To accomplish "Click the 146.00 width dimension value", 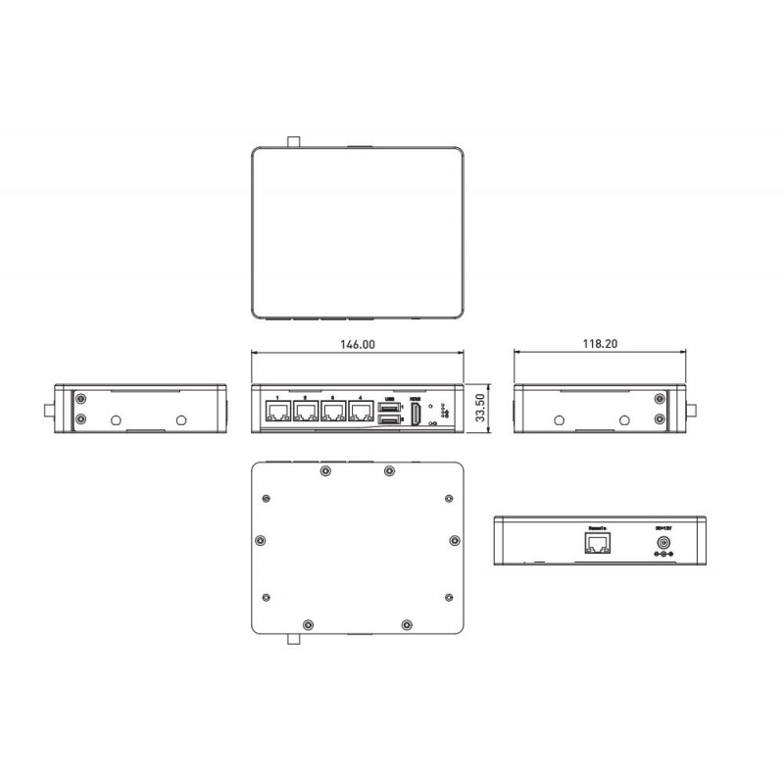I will [356, 345].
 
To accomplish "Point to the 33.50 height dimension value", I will [479, 408].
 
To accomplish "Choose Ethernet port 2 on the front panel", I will [308, 414].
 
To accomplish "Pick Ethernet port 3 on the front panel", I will [335, 414].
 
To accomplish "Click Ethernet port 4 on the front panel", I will [363, 414].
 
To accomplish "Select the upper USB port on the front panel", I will [389, 406].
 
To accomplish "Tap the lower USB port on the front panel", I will [389, 421].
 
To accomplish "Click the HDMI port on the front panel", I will [416, 415].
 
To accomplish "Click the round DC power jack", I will [663, 544].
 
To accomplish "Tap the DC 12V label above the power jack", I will [663, 528].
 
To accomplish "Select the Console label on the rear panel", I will [597, 528].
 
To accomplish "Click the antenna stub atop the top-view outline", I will [293, 140].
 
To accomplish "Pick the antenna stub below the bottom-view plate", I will [293, 639].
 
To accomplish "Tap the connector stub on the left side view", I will [49, 409].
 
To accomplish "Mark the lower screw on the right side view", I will [659, 419].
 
